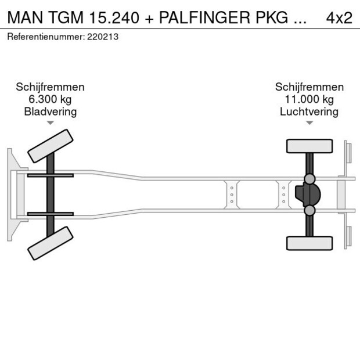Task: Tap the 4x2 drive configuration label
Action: coord(339,17)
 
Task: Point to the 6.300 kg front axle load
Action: coord(50,99)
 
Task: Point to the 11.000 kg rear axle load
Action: coord(309,99)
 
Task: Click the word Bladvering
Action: coord(50,111)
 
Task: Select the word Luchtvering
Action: coord(309,111)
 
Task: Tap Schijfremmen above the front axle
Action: coord(50,87)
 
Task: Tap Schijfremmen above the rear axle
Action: coord(309,87)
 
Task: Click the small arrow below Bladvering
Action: coord(51,123)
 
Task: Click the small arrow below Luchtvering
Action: coord(309,123)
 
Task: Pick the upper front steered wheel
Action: coord(51,146)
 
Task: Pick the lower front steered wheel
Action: coord(51,243)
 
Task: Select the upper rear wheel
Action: coord(309,146)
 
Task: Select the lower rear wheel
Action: coord(309,243)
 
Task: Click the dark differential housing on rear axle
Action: coord(308,195)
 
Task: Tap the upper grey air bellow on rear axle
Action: coord(310,178)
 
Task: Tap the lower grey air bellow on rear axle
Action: coord(310,210)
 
